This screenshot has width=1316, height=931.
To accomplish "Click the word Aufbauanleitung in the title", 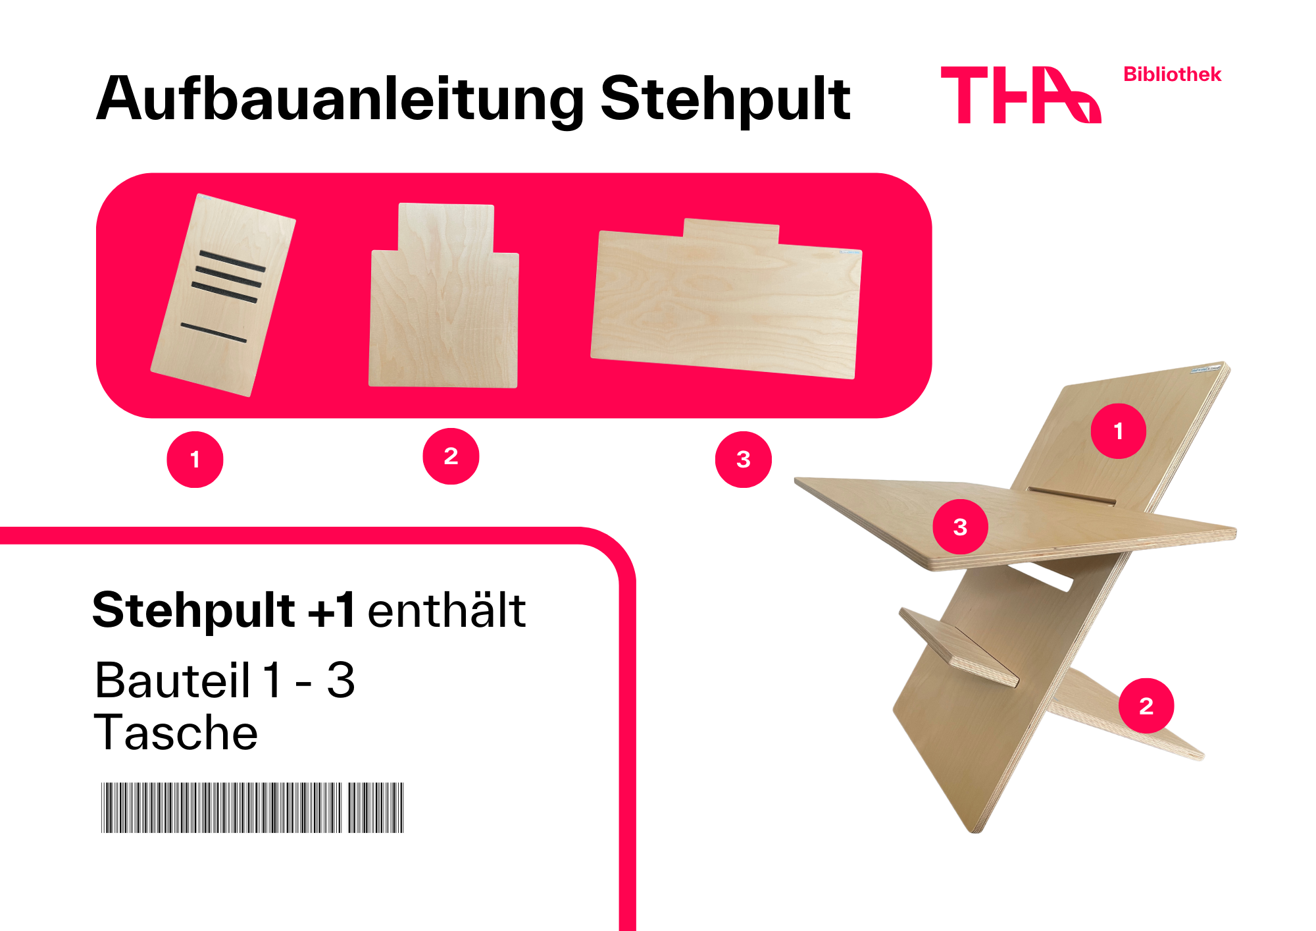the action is (340, 99).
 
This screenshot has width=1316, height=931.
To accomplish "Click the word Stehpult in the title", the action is (725, 99).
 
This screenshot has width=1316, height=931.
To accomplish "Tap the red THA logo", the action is (1021, 95).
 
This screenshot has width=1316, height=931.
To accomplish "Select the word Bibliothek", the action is (1172, 74).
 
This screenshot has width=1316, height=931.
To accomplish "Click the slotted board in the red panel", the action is (223, 295).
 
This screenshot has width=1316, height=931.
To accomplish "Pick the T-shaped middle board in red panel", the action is (444, 296).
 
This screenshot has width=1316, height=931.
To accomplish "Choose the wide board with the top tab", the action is (726, 299).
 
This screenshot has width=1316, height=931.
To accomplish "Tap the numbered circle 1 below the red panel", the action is (195, 460).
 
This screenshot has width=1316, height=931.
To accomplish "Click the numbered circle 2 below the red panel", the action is (451, 456).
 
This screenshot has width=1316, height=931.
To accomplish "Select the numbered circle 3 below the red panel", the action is (744, 460).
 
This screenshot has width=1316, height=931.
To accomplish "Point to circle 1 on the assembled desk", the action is (1119, 431).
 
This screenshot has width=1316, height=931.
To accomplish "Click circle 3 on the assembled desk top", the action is (961, 527).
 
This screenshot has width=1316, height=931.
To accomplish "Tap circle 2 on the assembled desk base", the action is (1146, 706).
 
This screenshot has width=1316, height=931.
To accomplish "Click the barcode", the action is (253, 808).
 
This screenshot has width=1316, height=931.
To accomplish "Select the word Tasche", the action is (176, 733).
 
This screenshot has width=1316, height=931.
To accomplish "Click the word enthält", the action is (447, 610).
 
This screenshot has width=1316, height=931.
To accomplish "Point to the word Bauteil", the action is (172, 680).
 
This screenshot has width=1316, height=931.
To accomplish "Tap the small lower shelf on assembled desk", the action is (959, 647).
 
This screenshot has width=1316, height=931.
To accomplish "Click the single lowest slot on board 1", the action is (214, 333).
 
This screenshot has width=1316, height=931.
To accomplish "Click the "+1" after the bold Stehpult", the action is (331, 610).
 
